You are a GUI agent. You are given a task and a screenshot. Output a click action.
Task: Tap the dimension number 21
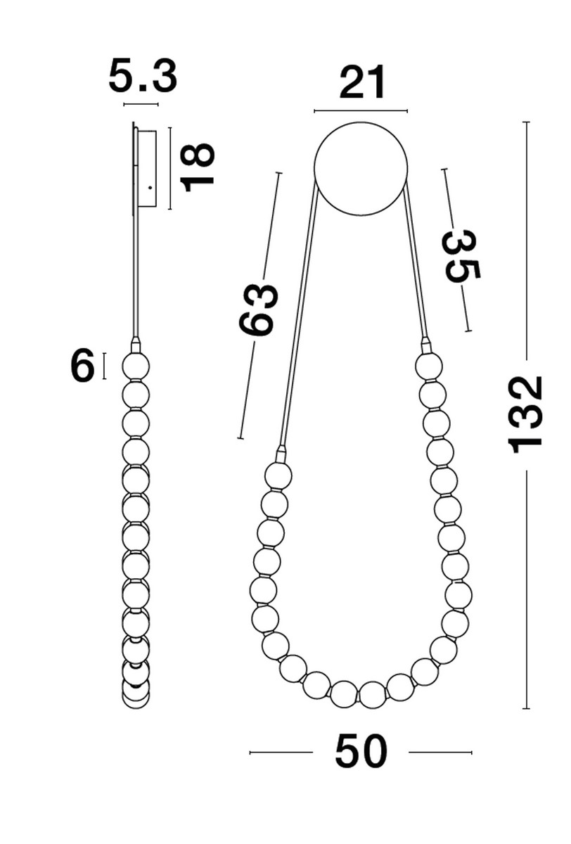pos(362,82)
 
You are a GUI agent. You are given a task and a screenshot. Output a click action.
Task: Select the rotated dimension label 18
pos(197,167)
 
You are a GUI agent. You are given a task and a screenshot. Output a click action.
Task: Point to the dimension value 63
pos(258,309)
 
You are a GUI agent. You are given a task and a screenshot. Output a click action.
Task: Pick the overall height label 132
pos(525,415)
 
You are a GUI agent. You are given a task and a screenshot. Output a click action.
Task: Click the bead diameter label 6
pos(82,365)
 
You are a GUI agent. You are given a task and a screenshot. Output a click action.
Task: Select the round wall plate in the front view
pos(361,168)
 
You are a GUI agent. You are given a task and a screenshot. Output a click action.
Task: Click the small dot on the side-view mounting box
pos(150,187)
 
